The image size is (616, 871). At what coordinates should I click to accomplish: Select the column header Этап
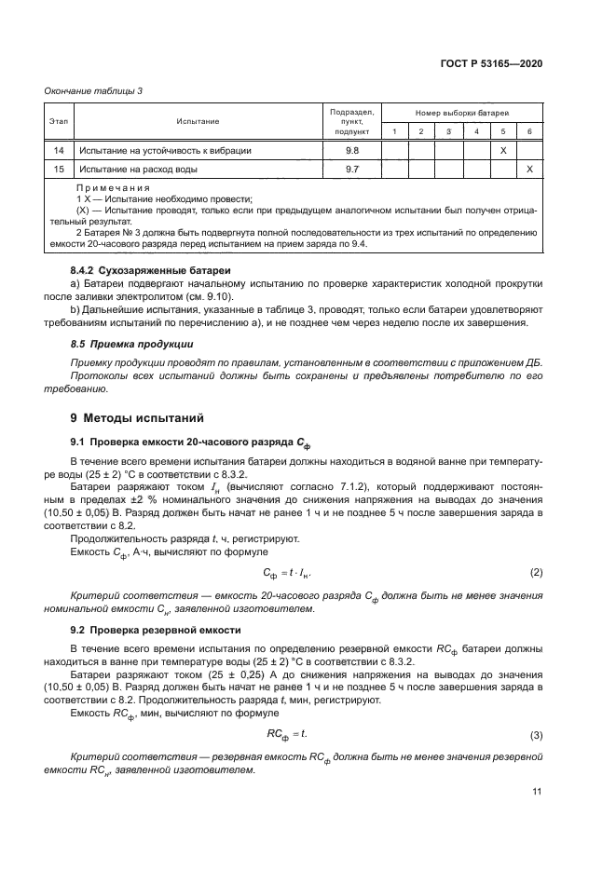pos(58,121)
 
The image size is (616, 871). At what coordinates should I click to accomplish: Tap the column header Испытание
pos(198,121)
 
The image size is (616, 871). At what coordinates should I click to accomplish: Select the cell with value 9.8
pos(352,150)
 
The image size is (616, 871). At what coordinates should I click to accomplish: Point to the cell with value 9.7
pos(352,170)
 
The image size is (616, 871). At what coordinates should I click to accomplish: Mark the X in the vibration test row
pos(502,150)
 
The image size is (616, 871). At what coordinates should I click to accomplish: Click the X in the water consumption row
pos(529,170)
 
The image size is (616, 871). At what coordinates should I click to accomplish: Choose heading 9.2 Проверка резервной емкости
pos(157,631)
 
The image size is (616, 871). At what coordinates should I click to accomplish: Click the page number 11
pos(537,792)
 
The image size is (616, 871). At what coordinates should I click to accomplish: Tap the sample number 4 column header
pos(475,131)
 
